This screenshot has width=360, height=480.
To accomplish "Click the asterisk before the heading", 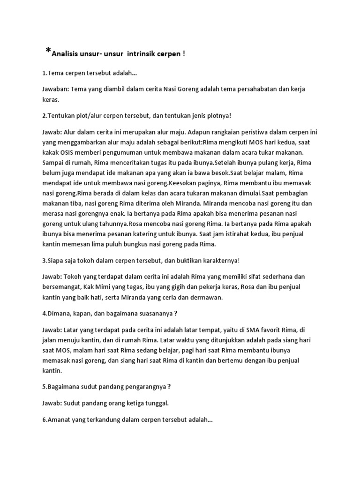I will (48, 51).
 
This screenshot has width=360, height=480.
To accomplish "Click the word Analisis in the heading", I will (66, 54).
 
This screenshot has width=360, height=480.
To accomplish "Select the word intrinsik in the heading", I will (142, 54).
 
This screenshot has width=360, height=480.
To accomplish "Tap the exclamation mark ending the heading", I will (184, 54).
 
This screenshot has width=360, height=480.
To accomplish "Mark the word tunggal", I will (153, 403).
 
